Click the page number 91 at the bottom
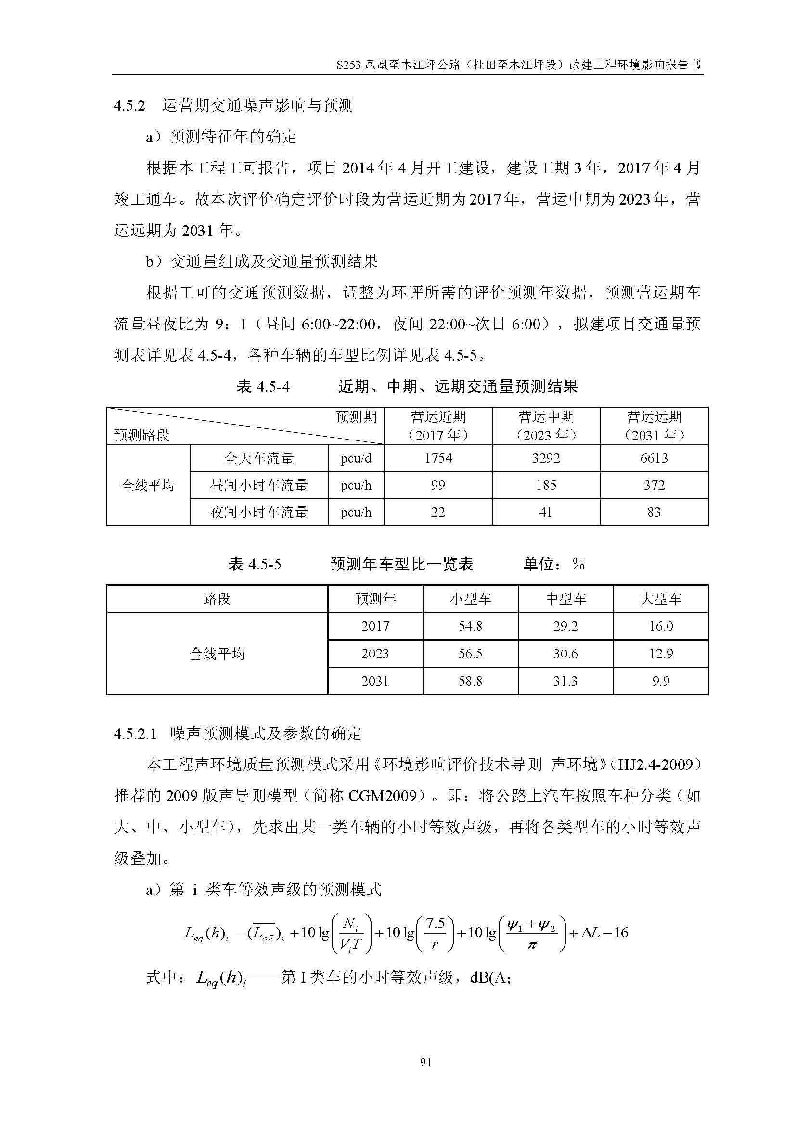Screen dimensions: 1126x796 [425, 1062]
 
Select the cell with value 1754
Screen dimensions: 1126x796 [438, 458]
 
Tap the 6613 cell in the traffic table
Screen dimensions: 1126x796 [654, 458]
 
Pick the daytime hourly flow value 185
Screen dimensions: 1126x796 [546, 485]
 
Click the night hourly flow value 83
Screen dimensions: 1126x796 [654, 512]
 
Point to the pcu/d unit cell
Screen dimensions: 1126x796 [356, 458]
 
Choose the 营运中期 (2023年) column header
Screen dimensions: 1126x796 [546, 426]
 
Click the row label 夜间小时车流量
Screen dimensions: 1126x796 [259, 512]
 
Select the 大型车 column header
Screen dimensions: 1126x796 [660, 598]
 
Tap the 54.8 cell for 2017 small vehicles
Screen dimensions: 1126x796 [470, 626]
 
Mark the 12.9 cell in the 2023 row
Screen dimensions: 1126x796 [660, 653]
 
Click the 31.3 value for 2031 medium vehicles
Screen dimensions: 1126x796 [565, 681]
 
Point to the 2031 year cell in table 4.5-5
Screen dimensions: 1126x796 [375, 681]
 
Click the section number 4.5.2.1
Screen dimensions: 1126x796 [135, 734]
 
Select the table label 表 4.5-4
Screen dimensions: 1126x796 [263, 387]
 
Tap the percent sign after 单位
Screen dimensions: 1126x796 [578, 565]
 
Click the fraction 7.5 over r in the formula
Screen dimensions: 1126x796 [435, 933]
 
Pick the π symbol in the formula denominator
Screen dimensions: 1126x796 [532, 945]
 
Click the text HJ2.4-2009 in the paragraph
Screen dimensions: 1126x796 [659, 764]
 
